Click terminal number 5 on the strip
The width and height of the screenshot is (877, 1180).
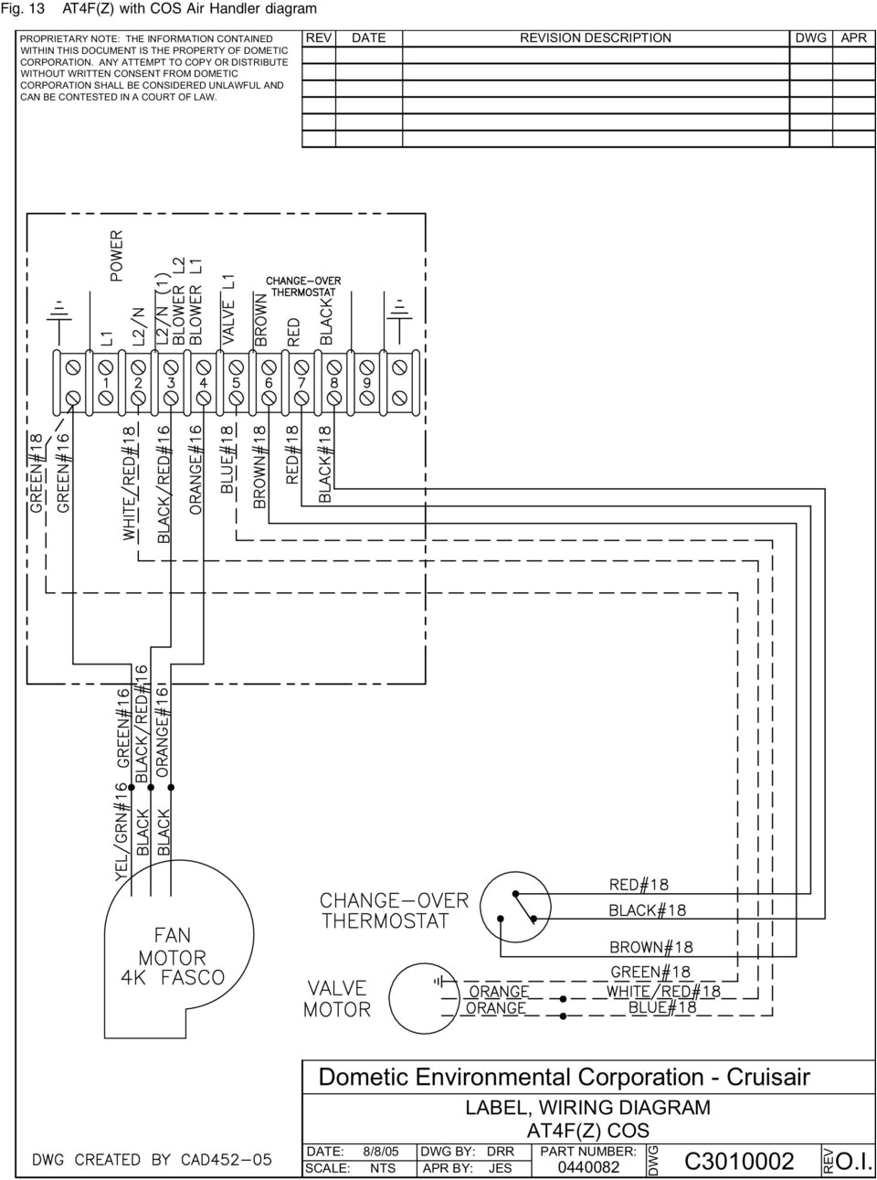pyautogui.click(x=236, y=384)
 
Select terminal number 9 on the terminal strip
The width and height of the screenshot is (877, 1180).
pyautogui.click(x=366, y=384)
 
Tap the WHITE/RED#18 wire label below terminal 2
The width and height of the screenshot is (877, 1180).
pyautogui.click(x=130, y=482)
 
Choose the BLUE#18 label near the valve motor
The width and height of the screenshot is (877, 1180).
pyautogui.click(x=662, y=1008)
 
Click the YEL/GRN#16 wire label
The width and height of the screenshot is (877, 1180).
pyautogui.click(x=120, y=832)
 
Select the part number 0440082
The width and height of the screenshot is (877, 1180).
pyautogui.click(x=588, y=1167)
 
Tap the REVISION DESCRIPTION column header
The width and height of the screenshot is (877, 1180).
pyautogui.click(x=595, y=38)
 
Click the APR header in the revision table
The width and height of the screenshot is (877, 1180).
pyautogui.click(x=854, y=38)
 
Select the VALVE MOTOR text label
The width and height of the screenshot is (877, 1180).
pyautogui.click(x=337, y=999)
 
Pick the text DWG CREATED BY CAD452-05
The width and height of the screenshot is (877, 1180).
pyautogui.click(x=153, y=1160)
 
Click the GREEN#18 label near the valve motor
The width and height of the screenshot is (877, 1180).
pyautogui.click(x=650, y=972)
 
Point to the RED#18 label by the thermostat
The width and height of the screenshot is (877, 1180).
pyautogui.click(x=639, y=884)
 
